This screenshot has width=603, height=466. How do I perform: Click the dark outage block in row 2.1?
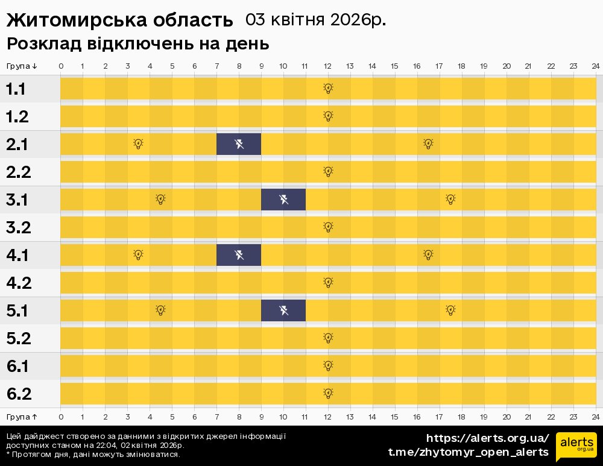point(239,144)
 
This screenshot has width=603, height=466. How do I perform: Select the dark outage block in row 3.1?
point(283,200)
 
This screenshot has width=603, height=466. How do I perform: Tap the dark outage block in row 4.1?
point(239,255)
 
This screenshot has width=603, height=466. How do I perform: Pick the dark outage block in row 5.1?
point(283,310)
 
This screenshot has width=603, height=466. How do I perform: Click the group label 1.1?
point(16,89)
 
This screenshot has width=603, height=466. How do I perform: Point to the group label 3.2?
point(18,228)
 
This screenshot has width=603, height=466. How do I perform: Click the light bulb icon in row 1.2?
point(328,116)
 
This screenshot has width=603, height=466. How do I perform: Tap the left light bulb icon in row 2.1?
point(138,144)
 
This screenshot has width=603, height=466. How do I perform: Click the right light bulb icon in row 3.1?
point(450,200)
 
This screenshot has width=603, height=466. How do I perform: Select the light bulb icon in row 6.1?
point(328,366)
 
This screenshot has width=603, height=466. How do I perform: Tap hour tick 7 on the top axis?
point(216,66)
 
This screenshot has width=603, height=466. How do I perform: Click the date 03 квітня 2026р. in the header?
point(315,20)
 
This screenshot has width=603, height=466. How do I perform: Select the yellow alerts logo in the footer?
point(576,447)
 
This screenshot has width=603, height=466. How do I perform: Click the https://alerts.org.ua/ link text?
point(487,438)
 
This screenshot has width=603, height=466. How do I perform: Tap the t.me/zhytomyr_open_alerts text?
point(468,452)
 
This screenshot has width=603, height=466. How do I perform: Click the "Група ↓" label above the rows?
point(22,66)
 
